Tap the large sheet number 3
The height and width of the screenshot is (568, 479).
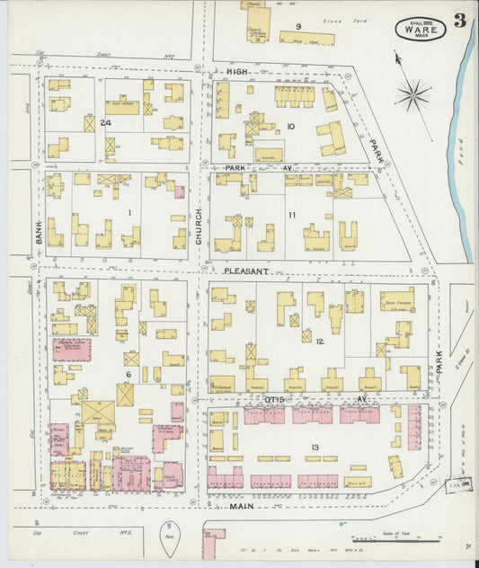pos(459,22)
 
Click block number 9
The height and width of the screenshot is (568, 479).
pos(297,26)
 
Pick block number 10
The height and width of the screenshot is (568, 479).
pos(290,127)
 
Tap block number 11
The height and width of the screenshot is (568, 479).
pos(292,215)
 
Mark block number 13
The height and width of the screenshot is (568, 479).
pos(314,447)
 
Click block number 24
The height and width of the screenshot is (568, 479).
pos(105,122)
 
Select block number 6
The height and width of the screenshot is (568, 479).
pos(129,374)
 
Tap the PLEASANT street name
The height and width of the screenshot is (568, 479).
pos(246,271)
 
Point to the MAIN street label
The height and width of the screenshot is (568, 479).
pos(237,508)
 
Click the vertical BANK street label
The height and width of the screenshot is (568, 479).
pos(40,235)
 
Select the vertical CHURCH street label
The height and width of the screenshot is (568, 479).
pos(200,217)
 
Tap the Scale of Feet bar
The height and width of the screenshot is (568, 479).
pos(409,540)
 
